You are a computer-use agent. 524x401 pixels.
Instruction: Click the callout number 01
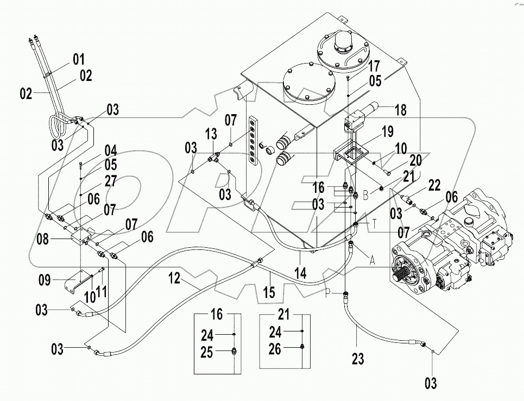(79, 59)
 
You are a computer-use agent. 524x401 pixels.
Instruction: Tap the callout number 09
(45, 280)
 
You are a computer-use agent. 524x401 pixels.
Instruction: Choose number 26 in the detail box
(275, 349)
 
